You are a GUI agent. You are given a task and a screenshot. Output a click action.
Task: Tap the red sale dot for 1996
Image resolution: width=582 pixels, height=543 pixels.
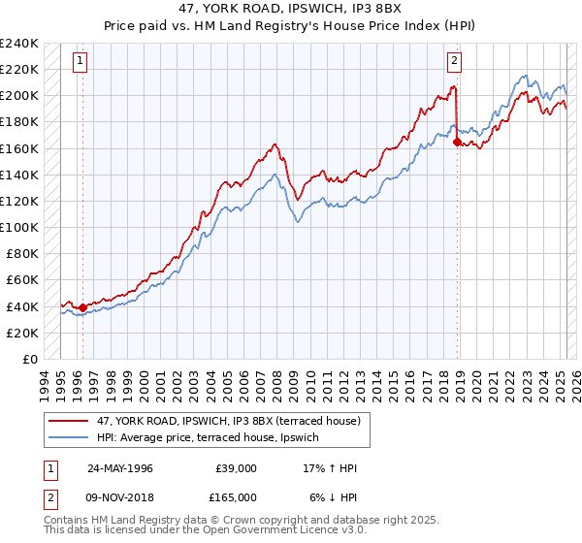tap(82, 308)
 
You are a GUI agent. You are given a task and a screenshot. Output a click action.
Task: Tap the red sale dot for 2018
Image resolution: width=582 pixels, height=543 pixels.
tap(457, 142)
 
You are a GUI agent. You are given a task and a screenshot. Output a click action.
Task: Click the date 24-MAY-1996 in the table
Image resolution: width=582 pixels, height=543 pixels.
tap(119, 468)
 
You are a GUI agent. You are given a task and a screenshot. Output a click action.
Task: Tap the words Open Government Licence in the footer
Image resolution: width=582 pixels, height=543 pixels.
tap(287, 530)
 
